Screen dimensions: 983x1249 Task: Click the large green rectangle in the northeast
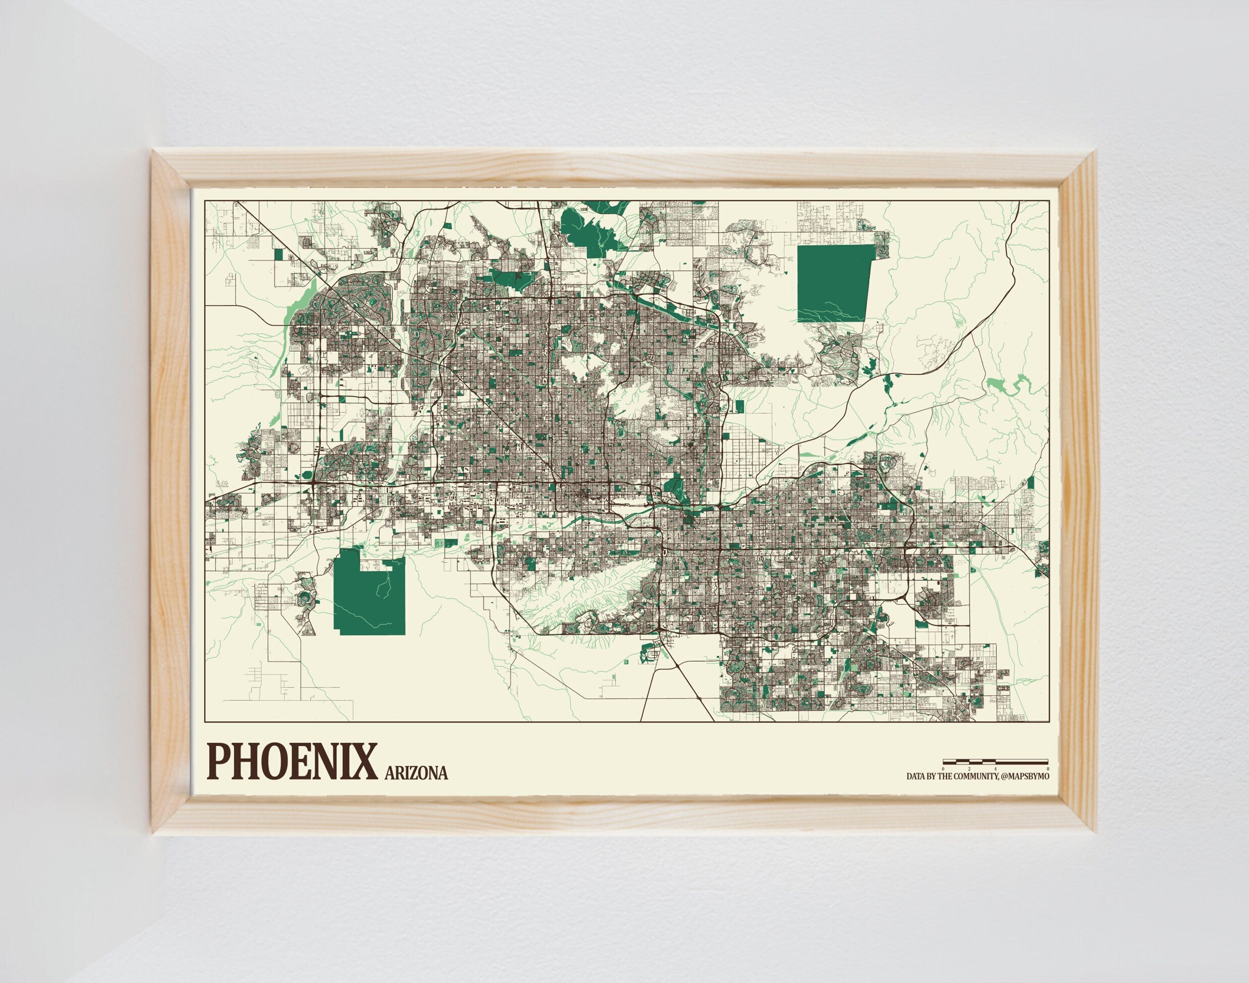pos(833,282)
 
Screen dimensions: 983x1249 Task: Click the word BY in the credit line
pos(931,776)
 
